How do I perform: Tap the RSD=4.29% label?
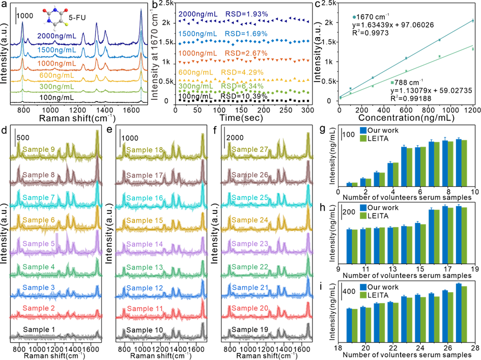click(242, 72)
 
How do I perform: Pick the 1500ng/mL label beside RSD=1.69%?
click(197, 34)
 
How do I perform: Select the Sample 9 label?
click(39, 149)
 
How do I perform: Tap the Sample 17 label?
click(145, 175)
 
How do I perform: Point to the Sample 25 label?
click(250, 198)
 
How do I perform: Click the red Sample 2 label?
click(39, 309)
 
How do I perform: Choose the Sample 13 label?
click(145, 267)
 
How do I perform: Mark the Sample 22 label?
click(250, 267)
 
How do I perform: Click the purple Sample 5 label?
click(39, 243)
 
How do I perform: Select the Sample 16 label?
click(145, 198)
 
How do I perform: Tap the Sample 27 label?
click(250, 149)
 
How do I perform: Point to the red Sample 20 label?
click(250, 308)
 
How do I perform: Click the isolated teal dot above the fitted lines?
click(354, 17)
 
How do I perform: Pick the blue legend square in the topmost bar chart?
click(363, 130)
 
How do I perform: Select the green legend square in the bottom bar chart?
click(363, 294)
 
